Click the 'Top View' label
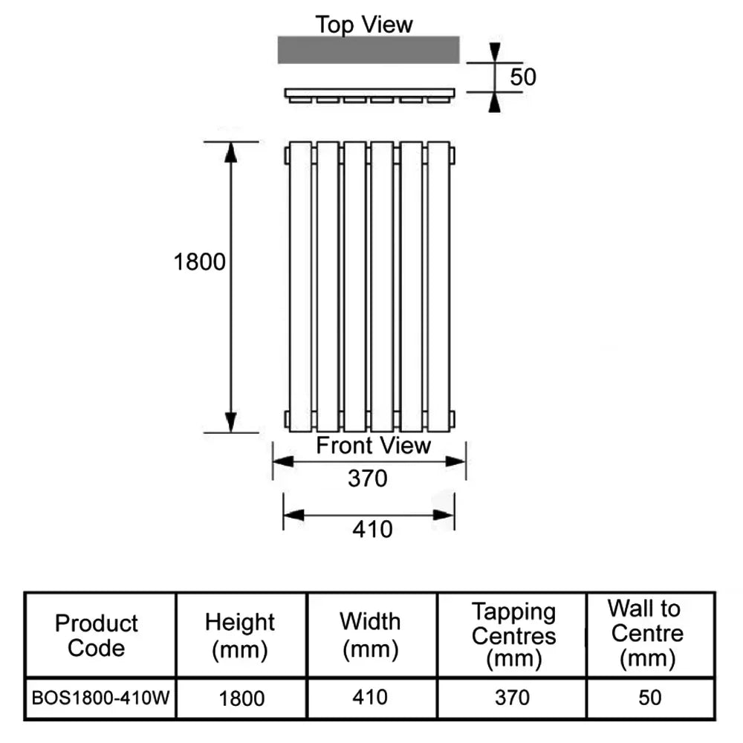pos(363,24)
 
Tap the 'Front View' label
pos(373,446)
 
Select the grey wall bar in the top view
pos(369,49)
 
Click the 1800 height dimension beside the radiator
pos(199,262)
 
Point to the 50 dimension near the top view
pos(523,77)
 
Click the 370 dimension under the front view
pos(368,479)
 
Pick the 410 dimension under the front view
pos(371,529)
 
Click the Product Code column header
pos(97,635)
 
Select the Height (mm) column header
pos(240,635)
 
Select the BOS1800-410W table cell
pos(100,698)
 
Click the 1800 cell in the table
pos(241,698)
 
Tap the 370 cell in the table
pos(513,698)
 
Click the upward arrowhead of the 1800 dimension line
pos(230,152)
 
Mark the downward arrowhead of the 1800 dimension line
pos(230,421)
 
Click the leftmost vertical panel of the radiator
pos(300,286)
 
